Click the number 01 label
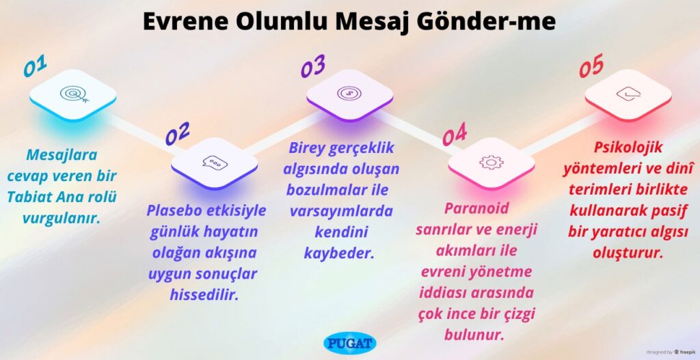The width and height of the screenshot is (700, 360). tap(35, 66)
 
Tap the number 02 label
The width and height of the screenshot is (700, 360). tap(177, 133)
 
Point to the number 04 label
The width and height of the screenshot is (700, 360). tap(455, 135)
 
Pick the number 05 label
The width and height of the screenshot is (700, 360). tap(591, 66)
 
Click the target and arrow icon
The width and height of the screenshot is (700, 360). tap(74, 94)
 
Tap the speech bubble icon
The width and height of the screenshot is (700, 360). tap(215, 163)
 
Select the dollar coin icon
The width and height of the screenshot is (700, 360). tap(349, 93)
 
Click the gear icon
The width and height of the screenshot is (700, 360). tap(491, 162)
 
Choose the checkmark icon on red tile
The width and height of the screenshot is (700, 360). tap(629, 94)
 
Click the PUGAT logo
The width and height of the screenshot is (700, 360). tap(349, 344)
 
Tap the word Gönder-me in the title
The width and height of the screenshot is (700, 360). tap(486, 21)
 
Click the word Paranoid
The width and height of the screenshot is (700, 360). tap(476, 208)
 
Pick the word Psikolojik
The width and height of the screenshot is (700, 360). tap(628, 148)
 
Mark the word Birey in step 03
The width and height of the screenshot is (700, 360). tap(307, 148)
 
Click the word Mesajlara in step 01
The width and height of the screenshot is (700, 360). tap(62, 155)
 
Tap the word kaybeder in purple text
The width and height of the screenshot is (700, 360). tap(339, 253)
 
